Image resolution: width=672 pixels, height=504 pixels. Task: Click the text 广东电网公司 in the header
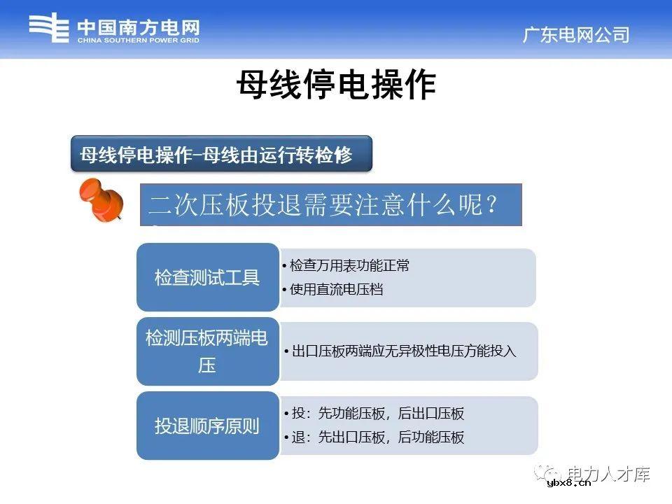click(x=575, y=35)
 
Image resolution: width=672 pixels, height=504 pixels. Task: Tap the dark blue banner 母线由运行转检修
click(x=221, y=155)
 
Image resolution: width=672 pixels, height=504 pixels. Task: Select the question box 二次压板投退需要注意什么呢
click(x=330, y=205)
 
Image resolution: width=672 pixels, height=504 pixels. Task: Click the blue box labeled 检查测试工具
click(x=207, y=277)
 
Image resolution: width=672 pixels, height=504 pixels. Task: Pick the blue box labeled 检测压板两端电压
click(x=207, y=351)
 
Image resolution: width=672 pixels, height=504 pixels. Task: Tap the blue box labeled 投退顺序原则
click(x=207, y=426)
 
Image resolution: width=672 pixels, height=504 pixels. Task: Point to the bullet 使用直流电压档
click(x=336, y=289)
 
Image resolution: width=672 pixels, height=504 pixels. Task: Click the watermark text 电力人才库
click(x=608, y=473)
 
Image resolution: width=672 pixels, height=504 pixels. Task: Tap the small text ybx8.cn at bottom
click(x=568, y=483)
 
